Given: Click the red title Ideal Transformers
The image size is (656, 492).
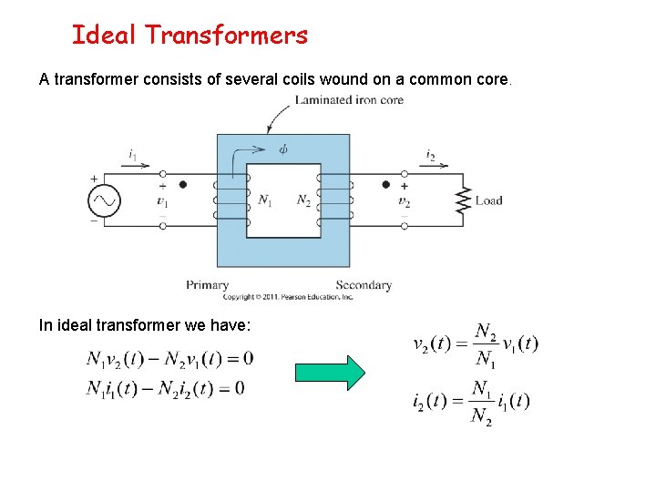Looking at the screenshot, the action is click(190, 36).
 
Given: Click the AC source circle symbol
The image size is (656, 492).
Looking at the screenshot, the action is click(103, 200).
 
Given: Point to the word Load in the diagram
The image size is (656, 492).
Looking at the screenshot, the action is click(489, 200).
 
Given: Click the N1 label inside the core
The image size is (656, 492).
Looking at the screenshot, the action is click(264, 200).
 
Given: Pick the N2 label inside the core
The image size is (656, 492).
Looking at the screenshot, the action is click(303, 200).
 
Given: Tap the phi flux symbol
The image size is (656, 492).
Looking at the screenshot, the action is click(283, 149).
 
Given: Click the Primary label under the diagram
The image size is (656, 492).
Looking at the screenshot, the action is click(207, 285).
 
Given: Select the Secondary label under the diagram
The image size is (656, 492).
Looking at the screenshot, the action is click(364, 285).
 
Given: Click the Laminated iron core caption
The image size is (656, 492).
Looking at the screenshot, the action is click(349, 100).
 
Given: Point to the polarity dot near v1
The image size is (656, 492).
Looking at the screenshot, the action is click(182, 184).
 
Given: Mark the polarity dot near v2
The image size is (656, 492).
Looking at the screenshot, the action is click(385, 184).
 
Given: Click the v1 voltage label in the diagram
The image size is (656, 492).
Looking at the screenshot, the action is click(162, 201).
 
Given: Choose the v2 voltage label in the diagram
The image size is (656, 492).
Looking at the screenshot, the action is click(404, 201).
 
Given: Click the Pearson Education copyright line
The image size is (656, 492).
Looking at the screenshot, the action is click(288, 297).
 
